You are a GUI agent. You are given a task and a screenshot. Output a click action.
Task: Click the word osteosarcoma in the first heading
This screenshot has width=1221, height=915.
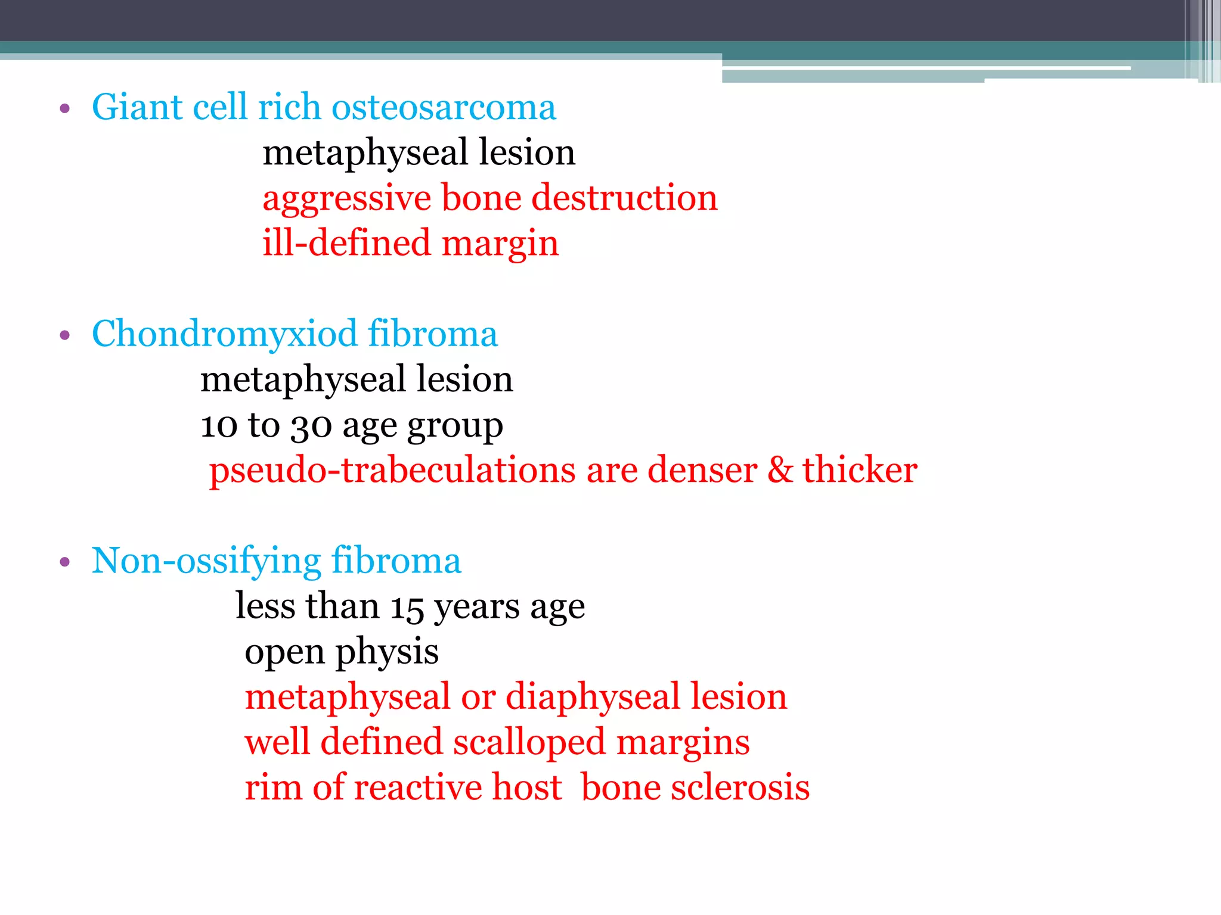[x=444, y=107]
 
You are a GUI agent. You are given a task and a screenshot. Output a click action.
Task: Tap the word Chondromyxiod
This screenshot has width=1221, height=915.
[x=224, y=334]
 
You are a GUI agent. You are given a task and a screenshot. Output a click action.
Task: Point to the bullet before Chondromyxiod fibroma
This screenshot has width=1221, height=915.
[x=65, y=335]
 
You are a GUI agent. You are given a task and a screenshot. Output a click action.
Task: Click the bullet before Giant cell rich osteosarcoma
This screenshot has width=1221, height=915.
[x=65, y=109]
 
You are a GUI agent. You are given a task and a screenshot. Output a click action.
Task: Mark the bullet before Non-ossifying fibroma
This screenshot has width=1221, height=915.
[x=65, y=562]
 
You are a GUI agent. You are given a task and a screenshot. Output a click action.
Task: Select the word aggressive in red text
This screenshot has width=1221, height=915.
[x=346, y=199]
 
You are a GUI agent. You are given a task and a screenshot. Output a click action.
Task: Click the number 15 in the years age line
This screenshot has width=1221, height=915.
[x=407, y=608]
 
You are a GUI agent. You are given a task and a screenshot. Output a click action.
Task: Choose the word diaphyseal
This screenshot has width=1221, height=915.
[x=593, y=697]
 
